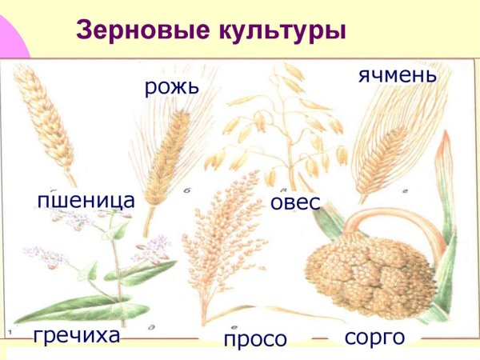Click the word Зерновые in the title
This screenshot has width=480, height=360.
(x=132, y=30)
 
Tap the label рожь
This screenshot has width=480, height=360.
(x=170, y=86)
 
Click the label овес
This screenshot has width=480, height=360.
(x=294, y=202)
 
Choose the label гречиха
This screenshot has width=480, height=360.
(x=77, y=334)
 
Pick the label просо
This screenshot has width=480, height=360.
(x=254, y=340)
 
